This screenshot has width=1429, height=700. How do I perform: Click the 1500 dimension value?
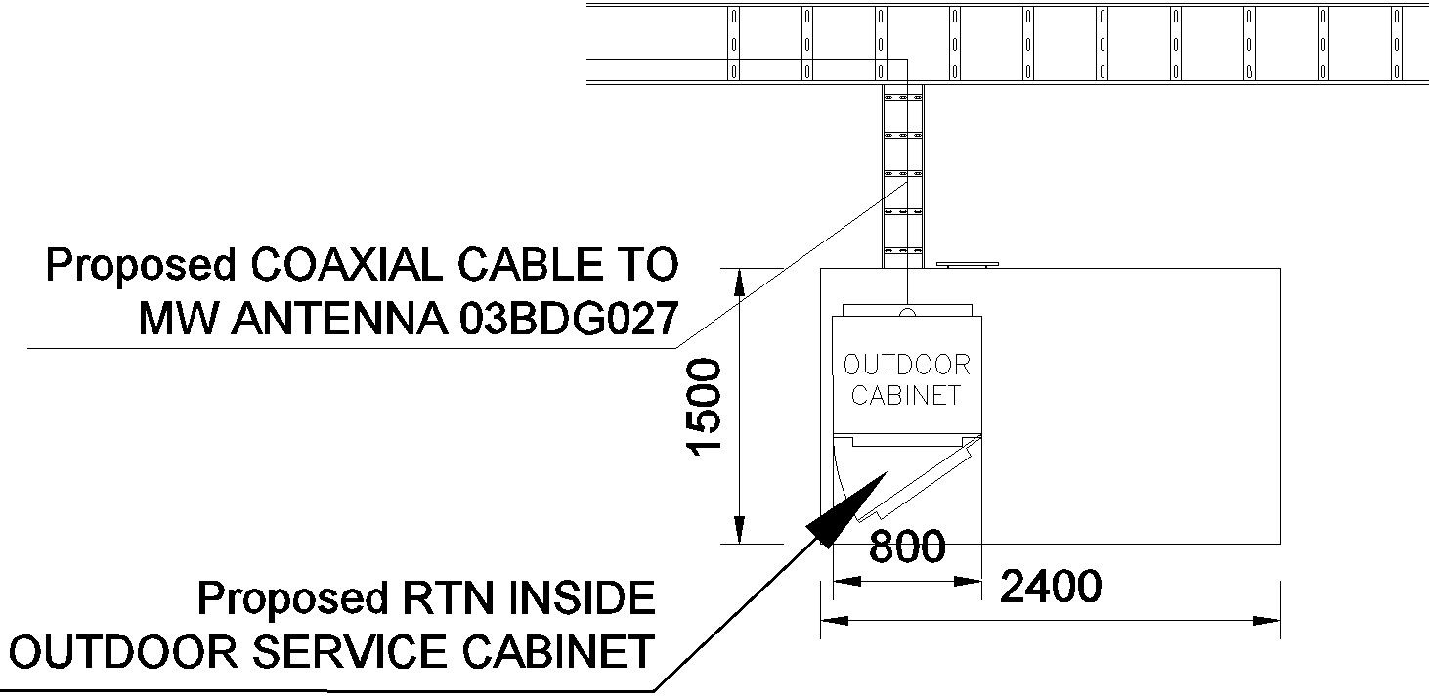coord(706,405)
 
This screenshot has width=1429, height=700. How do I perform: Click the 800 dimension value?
coord(906,547)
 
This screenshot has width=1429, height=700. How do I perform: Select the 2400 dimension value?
coord(1051,587)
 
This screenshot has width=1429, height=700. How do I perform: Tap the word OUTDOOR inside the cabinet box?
coord(906,366)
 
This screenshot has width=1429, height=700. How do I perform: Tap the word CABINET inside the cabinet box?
coord(906,396)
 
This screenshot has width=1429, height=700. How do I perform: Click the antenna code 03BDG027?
coord(567,319)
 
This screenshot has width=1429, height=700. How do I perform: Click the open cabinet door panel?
coord(924,479)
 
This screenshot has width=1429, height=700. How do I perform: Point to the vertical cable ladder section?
coord(903,176)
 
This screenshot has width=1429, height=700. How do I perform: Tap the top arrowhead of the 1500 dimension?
coord(740,280)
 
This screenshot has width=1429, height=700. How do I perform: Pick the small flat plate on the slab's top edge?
coord(967,264)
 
